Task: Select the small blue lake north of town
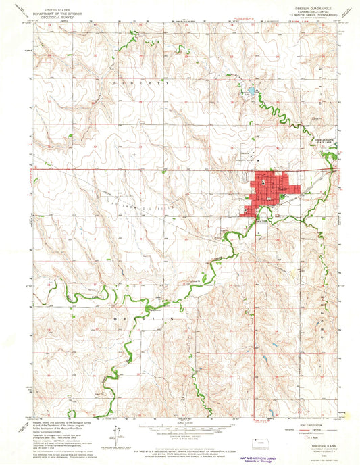tap(249, 91)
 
